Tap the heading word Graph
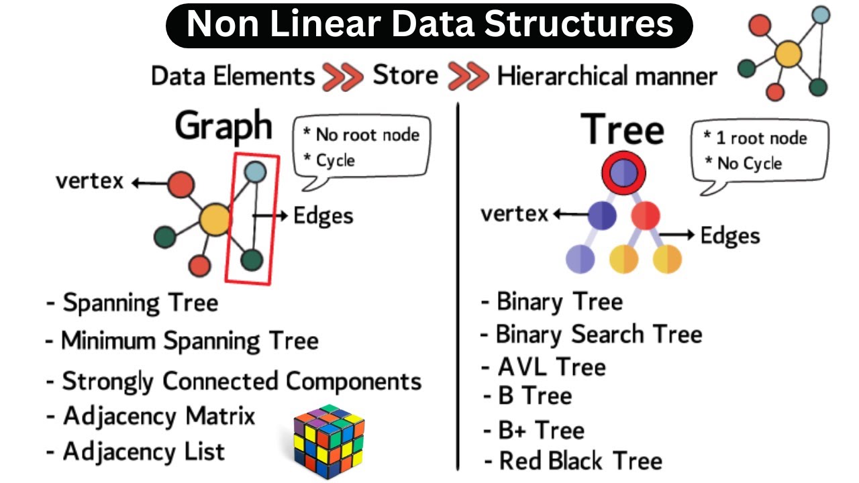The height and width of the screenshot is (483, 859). click(x=224, y=126)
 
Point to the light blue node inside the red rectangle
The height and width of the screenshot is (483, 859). click(x=255, y=172)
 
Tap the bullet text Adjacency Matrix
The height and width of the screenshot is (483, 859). click(x=159, y=417)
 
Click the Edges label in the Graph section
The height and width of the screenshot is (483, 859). click(x=323, y=215)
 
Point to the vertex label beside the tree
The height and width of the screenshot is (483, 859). click(x=514, y=215)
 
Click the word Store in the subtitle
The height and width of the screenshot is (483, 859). click(x=405, y=76)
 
